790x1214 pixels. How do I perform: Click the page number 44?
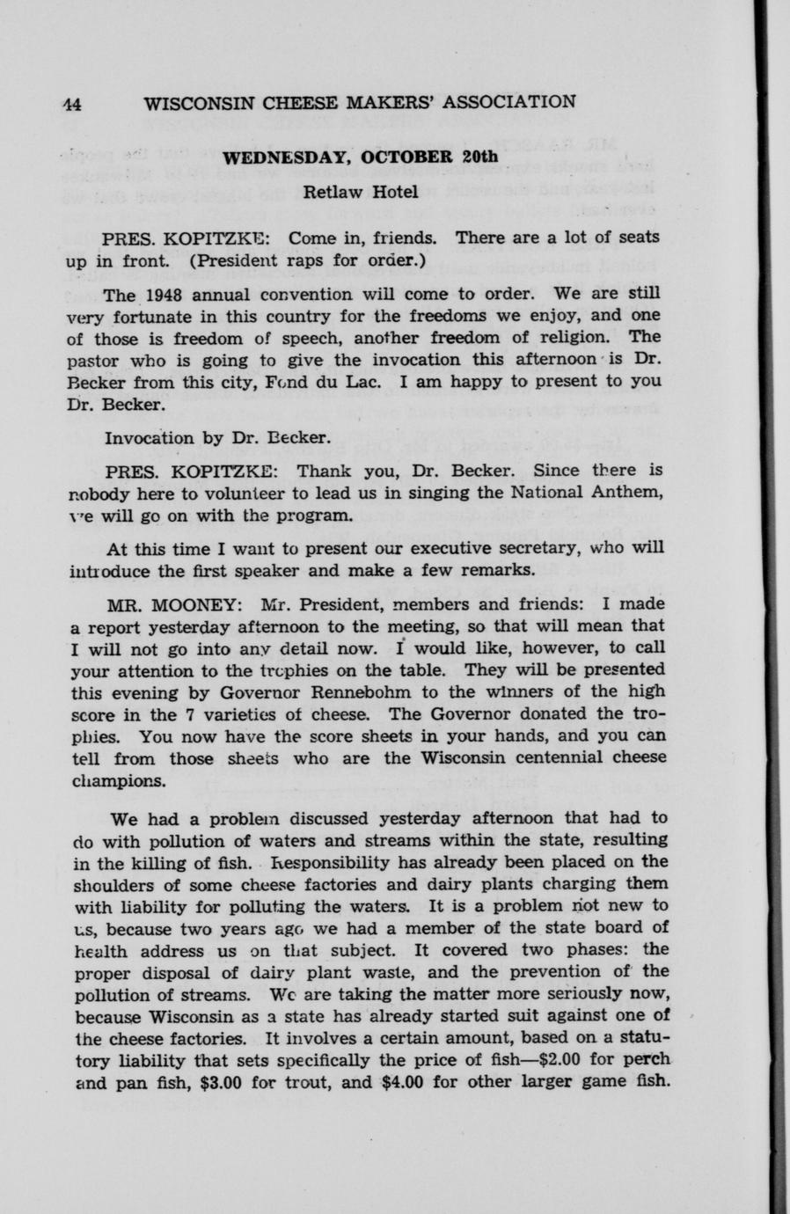[71, 104]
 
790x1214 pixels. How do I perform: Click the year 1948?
[165, 293]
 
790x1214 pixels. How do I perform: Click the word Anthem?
[628, 492]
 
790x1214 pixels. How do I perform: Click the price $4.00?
[406, 1081]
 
